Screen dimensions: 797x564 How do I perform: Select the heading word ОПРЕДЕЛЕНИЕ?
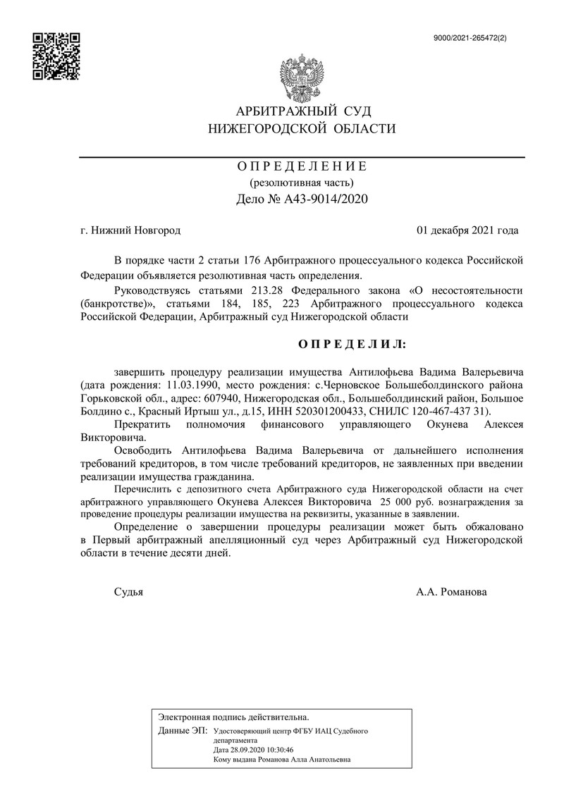tap(302, 167)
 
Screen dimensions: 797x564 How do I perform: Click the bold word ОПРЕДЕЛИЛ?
tap(350, 343)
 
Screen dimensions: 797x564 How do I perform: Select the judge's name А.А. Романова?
tap(451, 592)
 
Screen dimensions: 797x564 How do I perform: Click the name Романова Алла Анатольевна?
tap(305, 760)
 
